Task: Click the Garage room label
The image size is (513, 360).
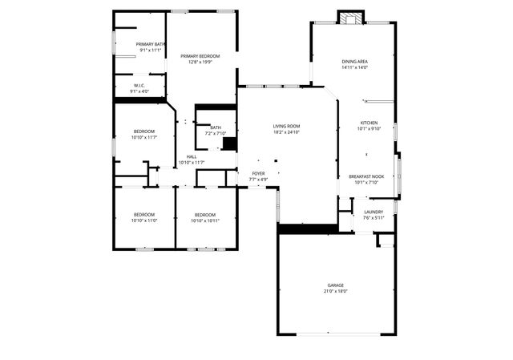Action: pos(335,285)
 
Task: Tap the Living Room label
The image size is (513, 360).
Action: pos(286,125)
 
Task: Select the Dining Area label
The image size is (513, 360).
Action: pos(354,61)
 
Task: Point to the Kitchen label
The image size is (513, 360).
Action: pos(369,123)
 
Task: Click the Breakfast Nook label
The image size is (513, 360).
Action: pos(366,176)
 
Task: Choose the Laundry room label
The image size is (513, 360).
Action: pos(374,212)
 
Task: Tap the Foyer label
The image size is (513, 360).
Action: pos(258,173)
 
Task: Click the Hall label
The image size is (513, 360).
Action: pos(192,156)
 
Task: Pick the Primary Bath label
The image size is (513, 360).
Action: pos(151,44)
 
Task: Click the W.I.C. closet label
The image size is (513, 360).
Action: pos(139,85)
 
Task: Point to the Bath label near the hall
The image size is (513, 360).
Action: pos(216,127)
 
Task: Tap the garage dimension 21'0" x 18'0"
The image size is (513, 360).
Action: pos(335,292)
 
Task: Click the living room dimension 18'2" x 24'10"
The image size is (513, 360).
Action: pos(286,131)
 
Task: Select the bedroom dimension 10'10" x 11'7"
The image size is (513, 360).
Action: pos(144,137)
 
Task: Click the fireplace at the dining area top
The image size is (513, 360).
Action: pos(349,18)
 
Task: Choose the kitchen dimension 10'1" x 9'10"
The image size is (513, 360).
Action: pos(369,128)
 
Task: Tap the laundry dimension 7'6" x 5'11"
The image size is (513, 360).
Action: pos(374,217)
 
